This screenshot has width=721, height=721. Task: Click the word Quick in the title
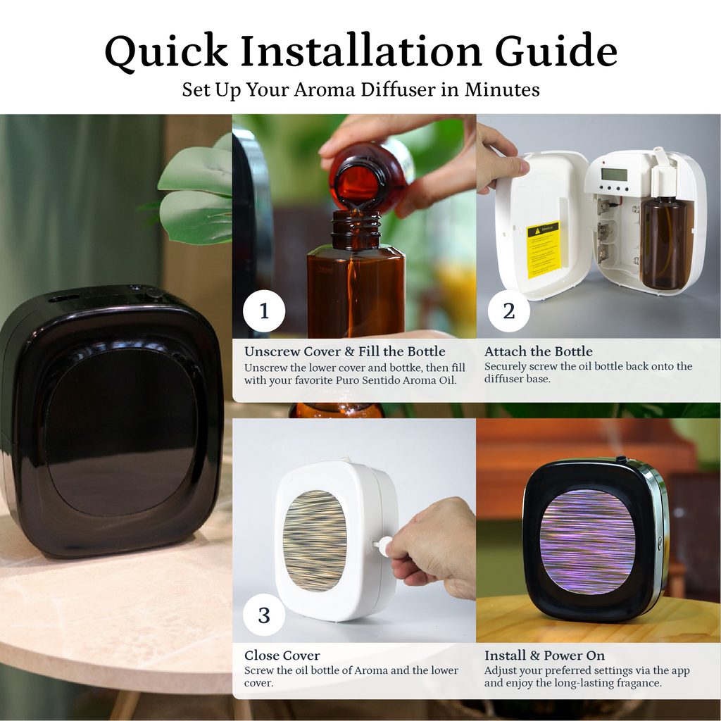[x=166, y=51]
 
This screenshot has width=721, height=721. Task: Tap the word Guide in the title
[x=556, y=50]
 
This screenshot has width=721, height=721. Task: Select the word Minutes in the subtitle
[x=502, y=89]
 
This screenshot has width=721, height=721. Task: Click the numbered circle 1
[x=264, y=311]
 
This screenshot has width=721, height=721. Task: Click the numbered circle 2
[x=508, y=311]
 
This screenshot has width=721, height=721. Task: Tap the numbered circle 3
[x=264, y=615]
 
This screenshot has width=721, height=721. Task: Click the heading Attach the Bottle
[x=538, y=351]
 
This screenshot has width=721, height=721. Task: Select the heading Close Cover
[x=282, y=656]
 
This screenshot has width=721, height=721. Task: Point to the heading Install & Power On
[x=544, y=656]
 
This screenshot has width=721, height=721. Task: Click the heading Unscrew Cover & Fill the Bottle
[x=345, y=351]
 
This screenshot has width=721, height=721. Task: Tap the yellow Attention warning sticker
[x=543, y=250]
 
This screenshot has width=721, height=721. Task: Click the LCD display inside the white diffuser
[x=614, y=175]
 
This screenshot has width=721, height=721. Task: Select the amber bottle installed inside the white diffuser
[x=663, y=242]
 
